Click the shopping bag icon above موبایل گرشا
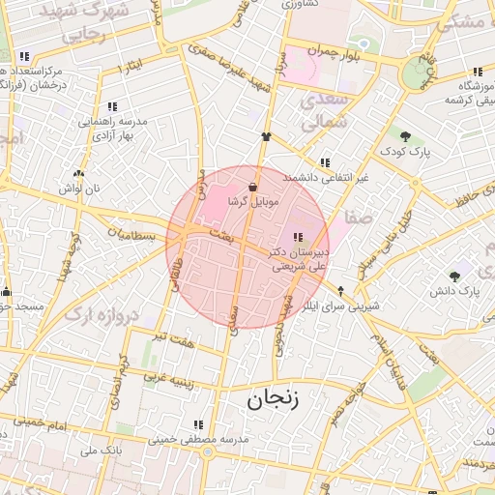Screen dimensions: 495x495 point(252,185)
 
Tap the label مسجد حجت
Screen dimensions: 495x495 point(19,306)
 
